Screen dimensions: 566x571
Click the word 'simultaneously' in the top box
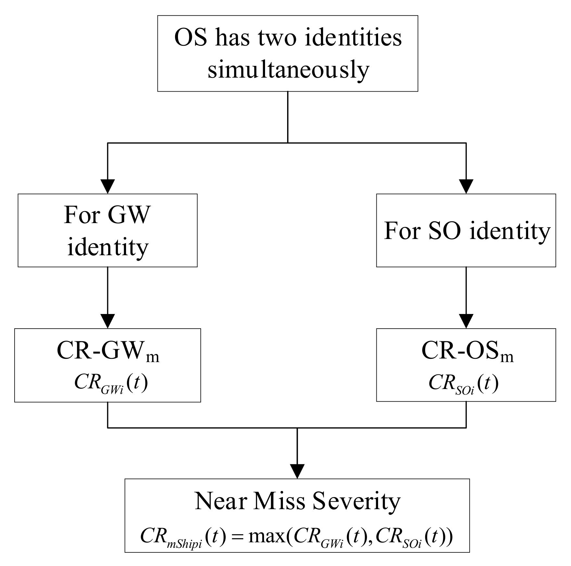pos(288,70)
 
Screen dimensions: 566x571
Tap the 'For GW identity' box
pos(108,230)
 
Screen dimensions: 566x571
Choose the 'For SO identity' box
pos(466,231)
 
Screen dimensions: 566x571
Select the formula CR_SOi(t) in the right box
pos(463,384)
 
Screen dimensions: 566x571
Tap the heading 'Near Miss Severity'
pos(297,501)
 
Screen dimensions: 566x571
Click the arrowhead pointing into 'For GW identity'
pos(108,186)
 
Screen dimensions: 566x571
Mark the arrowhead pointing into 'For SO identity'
pos(466,186)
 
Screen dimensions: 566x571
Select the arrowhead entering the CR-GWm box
pos(108,321)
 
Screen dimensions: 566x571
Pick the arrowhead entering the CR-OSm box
pos(466,321)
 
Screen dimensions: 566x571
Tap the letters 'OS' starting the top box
pos(191,37)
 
